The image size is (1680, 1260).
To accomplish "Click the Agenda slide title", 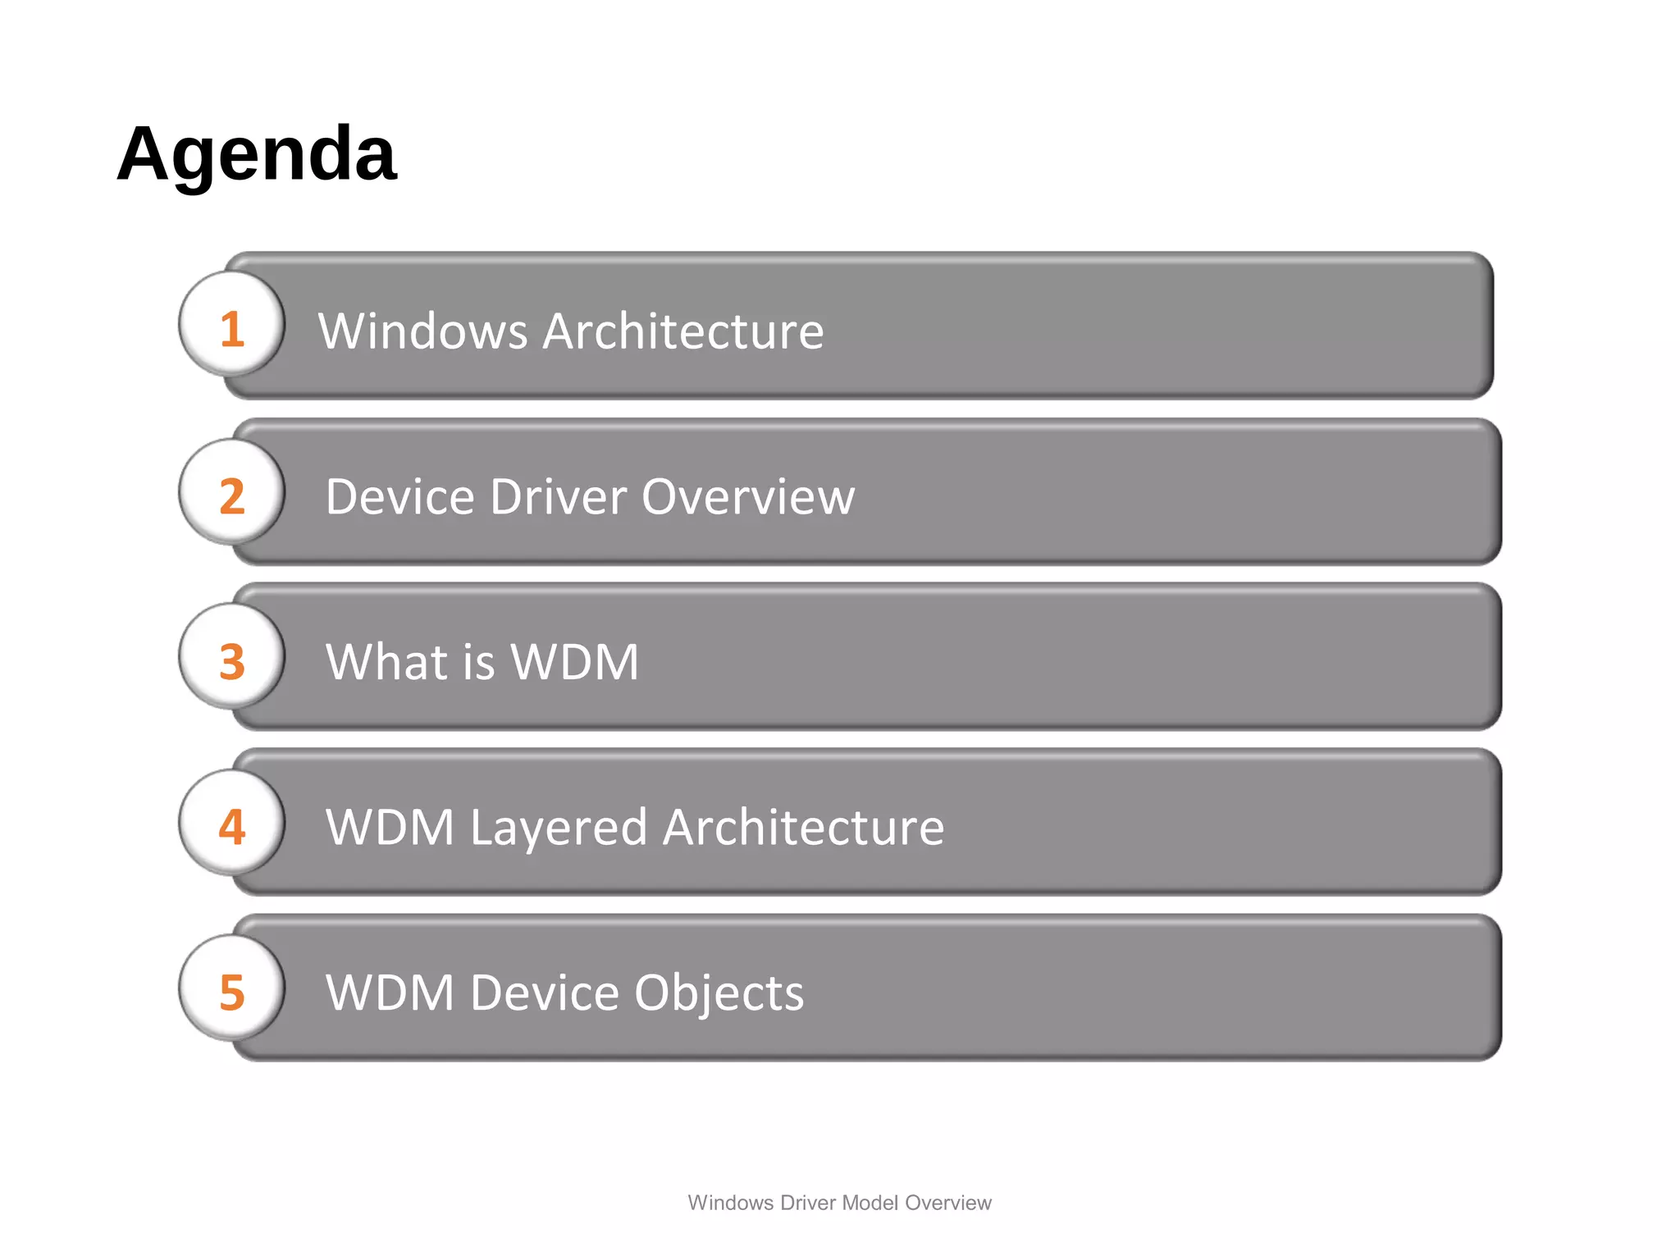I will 257,154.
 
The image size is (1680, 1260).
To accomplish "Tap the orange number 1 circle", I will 232,326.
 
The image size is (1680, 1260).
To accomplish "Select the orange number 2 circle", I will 232,495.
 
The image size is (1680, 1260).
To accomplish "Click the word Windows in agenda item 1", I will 422,331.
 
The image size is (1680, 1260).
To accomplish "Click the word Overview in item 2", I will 748,497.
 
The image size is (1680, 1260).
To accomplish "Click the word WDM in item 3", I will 574,662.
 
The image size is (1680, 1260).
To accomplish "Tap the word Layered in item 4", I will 559,829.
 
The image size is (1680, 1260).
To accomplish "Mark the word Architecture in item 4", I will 803,827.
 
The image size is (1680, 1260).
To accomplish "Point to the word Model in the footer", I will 870,1203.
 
